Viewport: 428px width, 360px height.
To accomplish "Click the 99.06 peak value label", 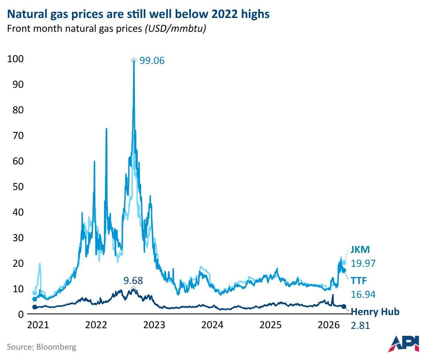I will (152, 61).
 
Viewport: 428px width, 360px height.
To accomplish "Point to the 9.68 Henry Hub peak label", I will (133, 280).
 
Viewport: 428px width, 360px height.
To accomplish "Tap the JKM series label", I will (360, 249).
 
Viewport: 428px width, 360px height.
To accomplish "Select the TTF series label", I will (359, 280).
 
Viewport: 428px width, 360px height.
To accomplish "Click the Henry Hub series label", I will (375, 312).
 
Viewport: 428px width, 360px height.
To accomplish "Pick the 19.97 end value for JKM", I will (363, 263).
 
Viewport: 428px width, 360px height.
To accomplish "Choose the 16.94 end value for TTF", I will (363, 294).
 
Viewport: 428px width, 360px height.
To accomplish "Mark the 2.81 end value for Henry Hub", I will (360, 325).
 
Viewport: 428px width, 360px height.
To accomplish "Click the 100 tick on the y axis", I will (16, 59).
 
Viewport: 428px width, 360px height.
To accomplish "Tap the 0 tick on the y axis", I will (21, 314).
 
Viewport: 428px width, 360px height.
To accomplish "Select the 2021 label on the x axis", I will (38, 325).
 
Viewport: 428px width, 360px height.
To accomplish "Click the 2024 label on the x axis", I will (213, 325).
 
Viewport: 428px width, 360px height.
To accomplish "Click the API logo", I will (403, 343).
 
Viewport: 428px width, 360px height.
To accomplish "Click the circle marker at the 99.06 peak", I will (134, 60).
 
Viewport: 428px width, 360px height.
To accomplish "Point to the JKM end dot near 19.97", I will (343, 263).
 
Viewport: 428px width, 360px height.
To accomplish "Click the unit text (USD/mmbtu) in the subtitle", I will (175, 28).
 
